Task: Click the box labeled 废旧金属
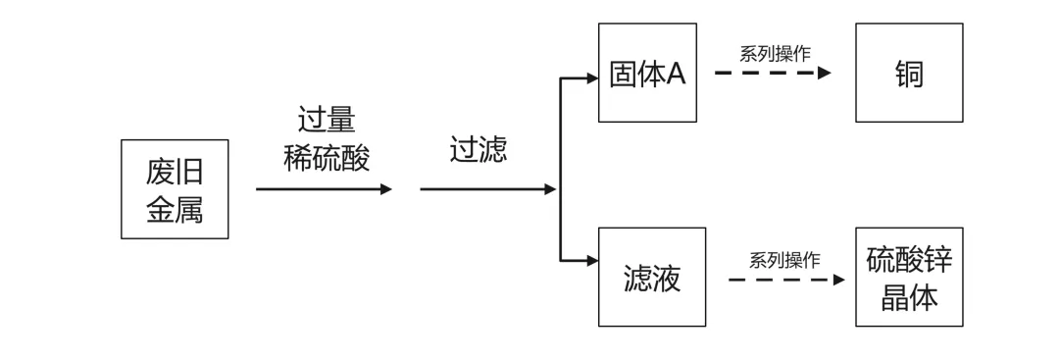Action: [x=175, y=189]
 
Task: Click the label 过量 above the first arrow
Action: [x=326, y=120]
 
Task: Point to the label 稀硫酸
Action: [x=326, y=158]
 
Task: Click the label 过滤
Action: [x=479, y=150]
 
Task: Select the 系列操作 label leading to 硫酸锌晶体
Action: [x=784, y=259]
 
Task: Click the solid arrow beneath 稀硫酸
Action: [x=324, y=189]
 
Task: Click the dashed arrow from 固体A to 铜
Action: [x=772, y=73]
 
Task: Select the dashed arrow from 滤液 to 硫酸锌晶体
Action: [x=785, y=280]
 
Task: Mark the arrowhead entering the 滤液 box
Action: [x=592, y=261]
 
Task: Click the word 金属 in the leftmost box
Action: [x=175, y=208]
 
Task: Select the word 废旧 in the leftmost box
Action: [x=175, y=172]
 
